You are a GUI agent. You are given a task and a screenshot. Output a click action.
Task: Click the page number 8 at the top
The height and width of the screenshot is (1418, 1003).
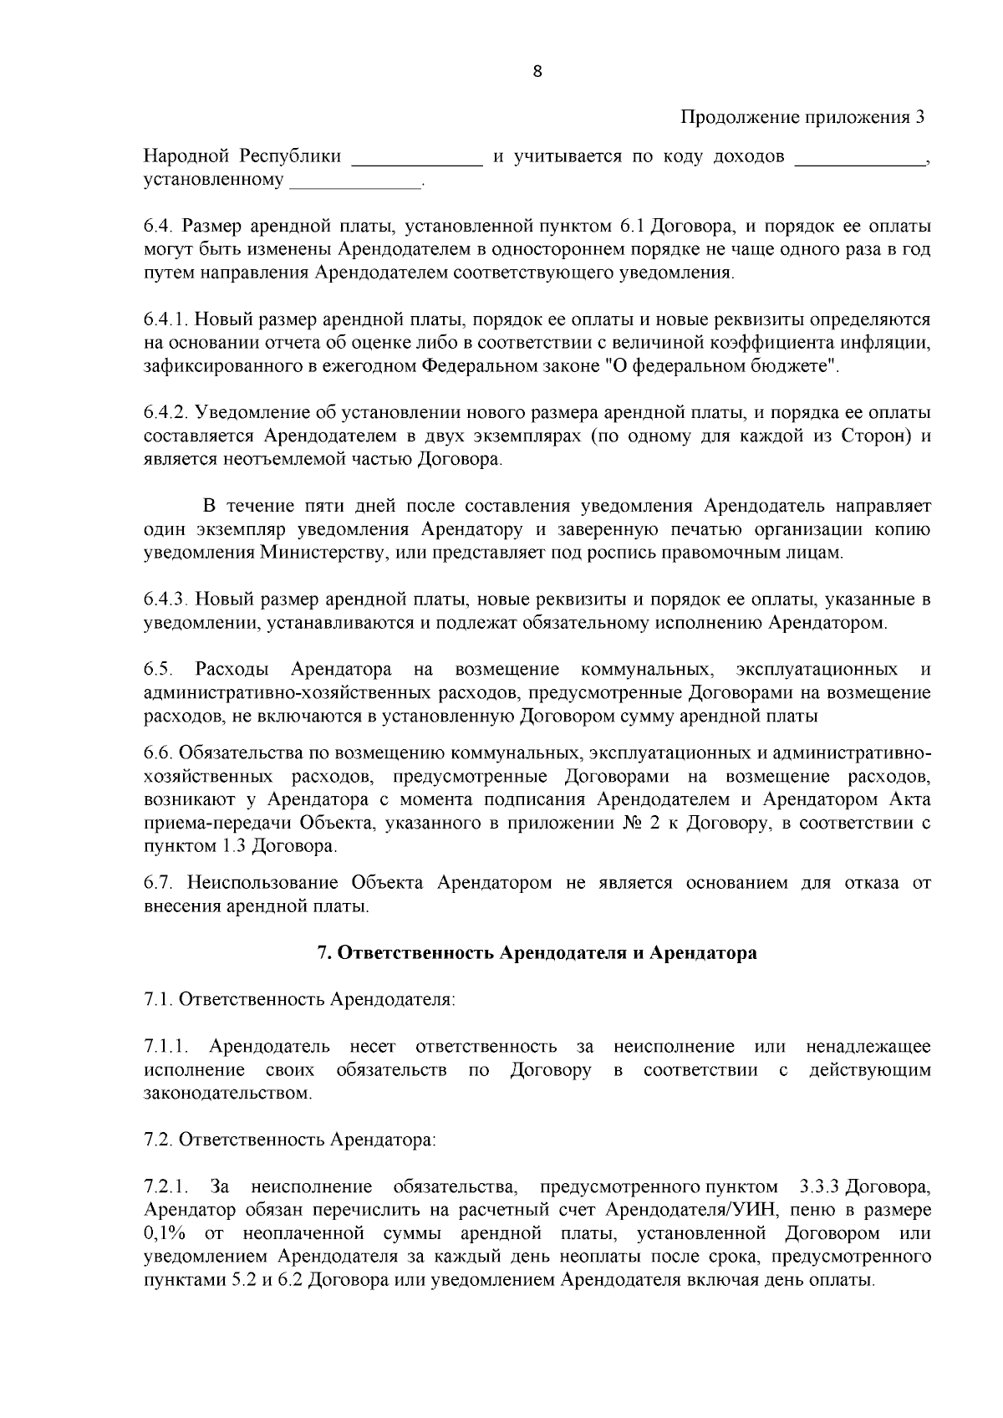pos(537,71)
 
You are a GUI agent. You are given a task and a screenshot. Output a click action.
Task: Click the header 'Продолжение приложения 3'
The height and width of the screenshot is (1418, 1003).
pos(802,117)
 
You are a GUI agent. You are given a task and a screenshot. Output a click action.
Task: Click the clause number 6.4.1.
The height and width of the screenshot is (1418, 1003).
pos(167,319)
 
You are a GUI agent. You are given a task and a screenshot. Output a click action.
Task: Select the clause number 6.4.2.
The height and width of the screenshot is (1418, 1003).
pos(167,412)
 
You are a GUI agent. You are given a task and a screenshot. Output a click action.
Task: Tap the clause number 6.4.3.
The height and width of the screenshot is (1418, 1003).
pos(167,599)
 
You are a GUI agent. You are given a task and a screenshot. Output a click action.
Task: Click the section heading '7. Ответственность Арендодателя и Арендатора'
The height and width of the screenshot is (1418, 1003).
pos(537,953)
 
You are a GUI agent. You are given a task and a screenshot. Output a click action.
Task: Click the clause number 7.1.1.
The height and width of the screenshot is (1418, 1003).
pos(167,1047)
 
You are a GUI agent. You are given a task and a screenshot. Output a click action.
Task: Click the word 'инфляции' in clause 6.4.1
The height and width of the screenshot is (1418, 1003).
pos(887,343)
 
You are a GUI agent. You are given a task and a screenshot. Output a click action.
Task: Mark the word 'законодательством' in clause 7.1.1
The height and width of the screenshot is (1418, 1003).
pos(227,1094)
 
